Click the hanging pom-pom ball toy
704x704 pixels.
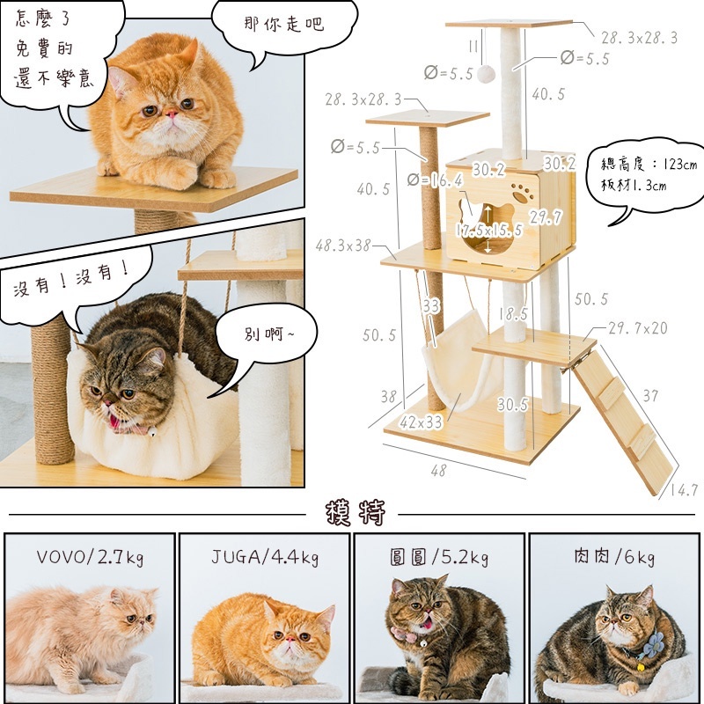(486, 74)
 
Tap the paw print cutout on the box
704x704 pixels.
(522, 192)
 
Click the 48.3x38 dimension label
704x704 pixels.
(343, 246)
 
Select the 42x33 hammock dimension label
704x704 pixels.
(421, 422)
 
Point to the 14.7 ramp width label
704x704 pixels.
(685, 489)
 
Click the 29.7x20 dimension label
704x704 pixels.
(638, 328)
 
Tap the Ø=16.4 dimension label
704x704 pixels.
(435, 180)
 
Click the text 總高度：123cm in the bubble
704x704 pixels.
(649, 165)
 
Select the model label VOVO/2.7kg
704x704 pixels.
(90, 557)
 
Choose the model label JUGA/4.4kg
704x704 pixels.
(265, 557)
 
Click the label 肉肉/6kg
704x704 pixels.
(614, 557)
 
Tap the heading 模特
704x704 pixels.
(356, 512)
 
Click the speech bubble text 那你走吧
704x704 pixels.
(283, 24)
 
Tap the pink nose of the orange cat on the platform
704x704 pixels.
(172, 114)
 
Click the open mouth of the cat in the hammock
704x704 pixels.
(115, 422)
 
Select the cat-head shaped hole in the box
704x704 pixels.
(487, 228)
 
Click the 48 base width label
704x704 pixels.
(438, 470)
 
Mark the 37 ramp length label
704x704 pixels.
(650, 395)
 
